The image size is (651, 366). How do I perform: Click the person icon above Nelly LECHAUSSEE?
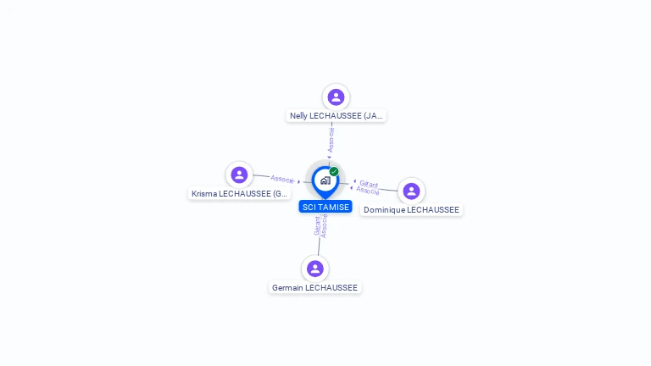[336, 97]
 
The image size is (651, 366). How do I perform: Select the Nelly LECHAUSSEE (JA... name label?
[337, 116]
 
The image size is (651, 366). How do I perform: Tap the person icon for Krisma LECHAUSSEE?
[239, 175]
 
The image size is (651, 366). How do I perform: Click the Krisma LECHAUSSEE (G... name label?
[240, 194]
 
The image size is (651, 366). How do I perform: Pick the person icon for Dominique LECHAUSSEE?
[411, 191]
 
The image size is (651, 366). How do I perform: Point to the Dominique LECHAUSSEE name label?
[411, 210]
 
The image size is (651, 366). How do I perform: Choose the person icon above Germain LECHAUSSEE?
[315, 269]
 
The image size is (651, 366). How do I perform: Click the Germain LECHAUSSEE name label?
[315, 288]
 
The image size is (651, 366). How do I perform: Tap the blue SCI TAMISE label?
[325, 207]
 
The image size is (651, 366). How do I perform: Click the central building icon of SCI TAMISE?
[325, 180]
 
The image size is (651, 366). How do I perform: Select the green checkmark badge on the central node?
[334, 171]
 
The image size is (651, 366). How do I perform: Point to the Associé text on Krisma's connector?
[282, 179]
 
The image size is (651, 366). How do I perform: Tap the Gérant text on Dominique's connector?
[369, 183]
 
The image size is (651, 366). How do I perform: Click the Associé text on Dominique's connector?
[368, 190]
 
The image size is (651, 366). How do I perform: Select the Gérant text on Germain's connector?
[317, 225]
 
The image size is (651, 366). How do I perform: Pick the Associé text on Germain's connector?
[324, 225]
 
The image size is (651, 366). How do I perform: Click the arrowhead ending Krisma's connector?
[299, 181]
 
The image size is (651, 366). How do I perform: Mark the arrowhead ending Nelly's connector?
[330, 157]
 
